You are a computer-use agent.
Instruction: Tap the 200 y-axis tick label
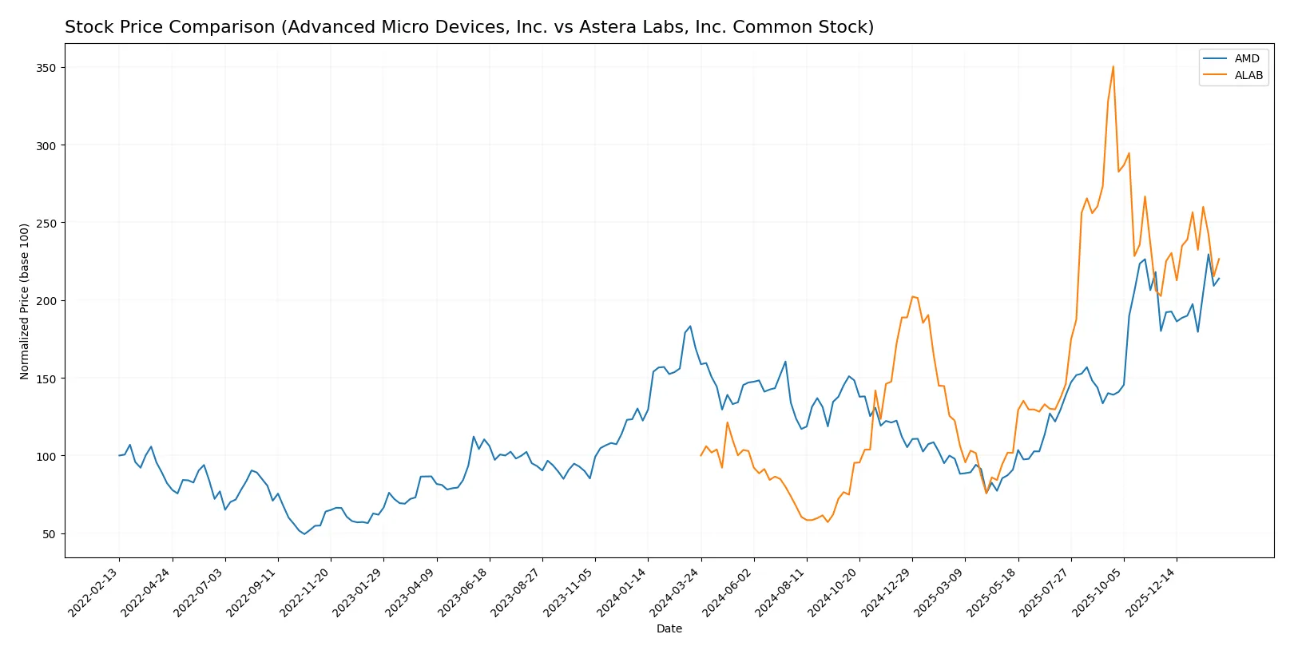click(46, 301)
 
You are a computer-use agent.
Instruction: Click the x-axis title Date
click(669, 629)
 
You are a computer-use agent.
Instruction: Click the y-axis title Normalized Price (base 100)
click(25, 301)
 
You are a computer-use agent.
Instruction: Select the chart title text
click(469, 27)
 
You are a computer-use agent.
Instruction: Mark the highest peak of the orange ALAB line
click(1113, 66)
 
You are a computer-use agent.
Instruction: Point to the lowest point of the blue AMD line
click(304, 533)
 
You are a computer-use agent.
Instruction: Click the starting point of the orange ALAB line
click(701, 455)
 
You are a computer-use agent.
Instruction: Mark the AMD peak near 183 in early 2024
click(690, 326)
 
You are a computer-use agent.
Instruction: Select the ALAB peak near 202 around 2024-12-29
click(912, 297)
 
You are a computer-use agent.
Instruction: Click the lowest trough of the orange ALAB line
click(828, 522)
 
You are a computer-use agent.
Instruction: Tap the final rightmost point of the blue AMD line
click(1219, 279)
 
